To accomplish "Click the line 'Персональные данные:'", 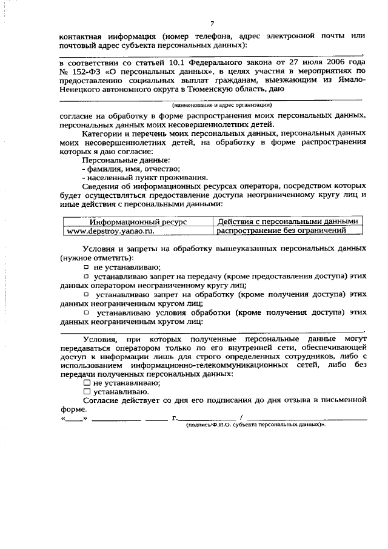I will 117,160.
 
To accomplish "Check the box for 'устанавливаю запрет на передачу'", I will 86,276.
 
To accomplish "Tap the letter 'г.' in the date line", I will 175,418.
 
